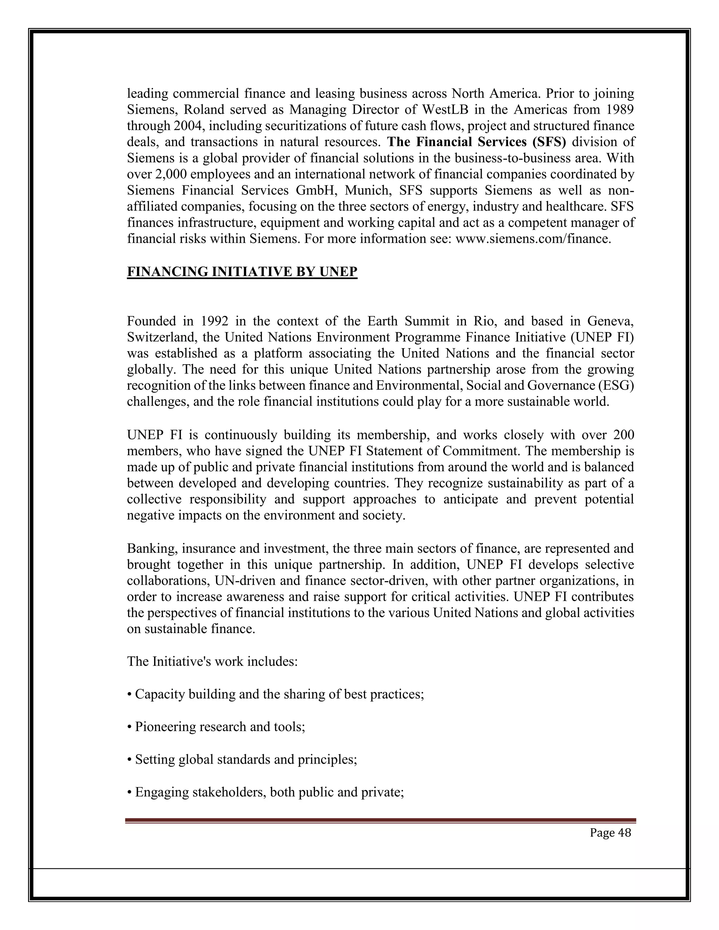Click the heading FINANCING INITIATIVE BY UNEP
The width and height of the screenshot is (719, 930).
pos(242,272)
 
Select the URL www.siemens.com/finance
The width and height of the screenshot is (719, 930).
pos(533,239)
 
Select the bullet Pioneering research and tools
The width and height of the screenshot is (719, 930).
pos(216,726)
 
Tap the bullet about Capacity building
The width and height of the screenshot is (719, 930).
pos(276,694)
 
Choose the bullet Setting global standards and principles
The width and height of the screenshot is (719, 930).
pos(242,759)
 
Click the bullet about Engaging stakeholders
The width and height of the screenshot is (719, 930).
pos(265,792)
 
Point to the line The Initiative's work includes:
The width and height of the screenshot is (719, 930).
pos(212,662)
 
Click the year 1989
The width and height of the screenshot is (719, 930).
pos(619,109)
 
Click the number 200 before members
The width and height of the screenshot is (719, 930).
pos(623,435)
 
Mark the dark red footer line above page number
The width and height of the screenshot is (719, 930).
pos(380,820)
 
